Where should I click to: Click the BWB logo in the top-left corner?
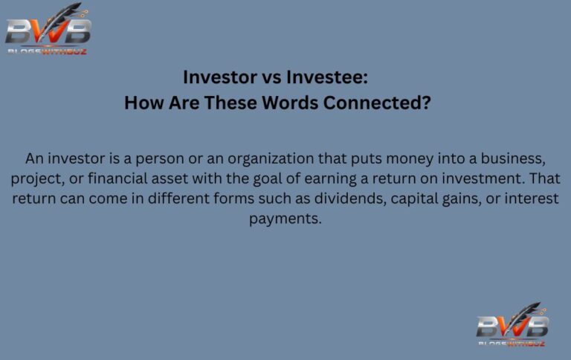click(48, 30)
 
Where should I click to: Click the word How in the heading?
click(142, 103)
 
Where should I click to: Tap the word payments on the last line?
click(285, 219)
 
